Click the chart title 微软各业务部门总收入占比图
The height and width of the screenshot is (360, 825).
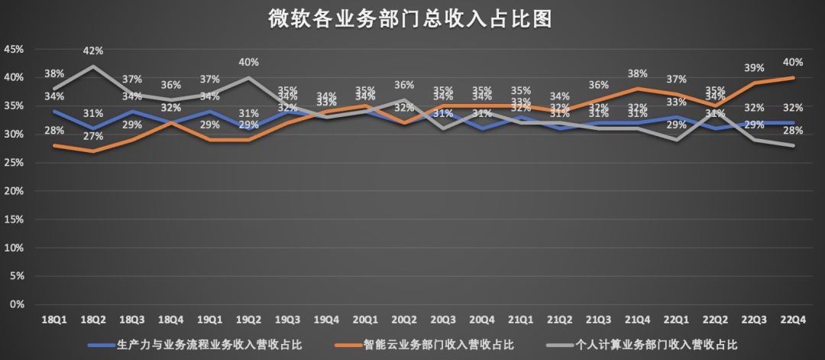[410, 18]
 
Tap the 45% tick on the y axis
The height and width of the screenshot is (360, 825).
[14, 49]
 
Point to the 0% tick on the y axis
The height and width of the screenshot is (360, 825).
[17, 304]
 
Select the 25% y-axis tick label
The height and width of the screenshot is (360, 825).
[14, 163]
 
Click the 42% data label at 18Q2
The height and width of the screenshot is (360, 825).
[93, 51]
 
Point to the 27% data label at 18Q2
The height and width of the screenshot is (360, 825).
[93, 137]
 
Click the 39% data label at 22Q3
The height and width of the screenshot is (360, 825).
[754, 68]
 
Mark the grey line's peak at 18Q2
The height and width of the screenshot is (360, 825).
[93, 66]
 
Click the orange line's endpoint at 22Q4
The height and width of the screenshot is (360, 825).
[794, 77]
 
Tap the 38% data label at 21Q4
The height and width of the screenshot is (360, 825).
[638, 74]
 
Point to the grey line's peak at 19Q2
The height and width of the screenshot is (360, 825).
[248, 77]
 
